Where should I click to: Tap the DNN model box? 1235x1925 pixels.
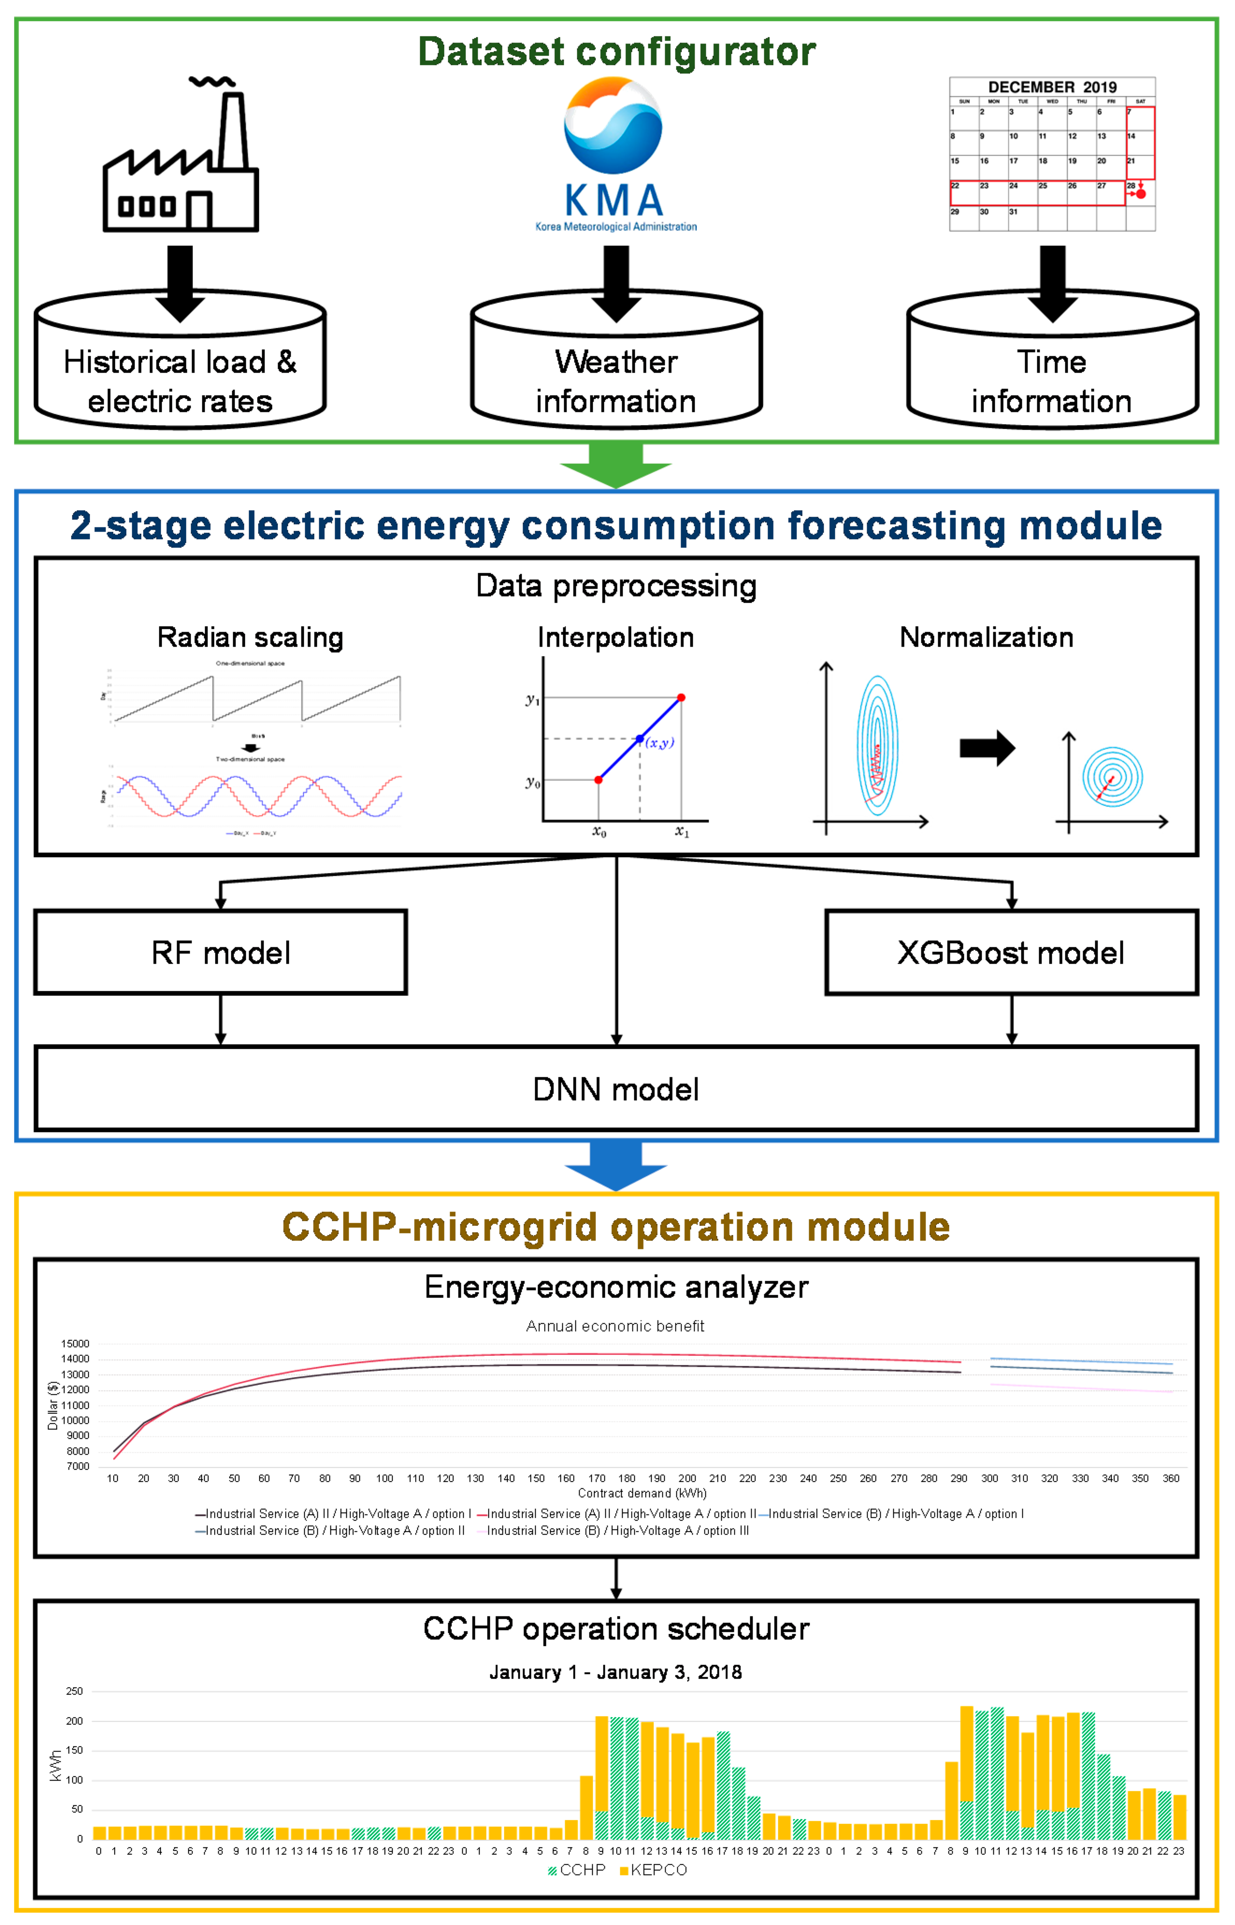point(616,1089)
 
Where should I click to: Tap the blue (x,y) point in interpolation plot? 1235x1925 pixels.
point(639,738)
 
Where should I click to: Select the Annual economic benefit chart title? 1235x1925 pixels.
point(615,1326)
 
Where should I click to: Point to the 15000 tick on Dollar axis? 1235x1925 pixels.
point(75,1343)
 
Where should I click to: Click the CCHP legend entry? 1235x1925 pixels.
point(577,1870)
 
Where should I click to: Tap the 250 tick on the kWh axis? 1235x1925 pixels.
point(75,1692)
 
